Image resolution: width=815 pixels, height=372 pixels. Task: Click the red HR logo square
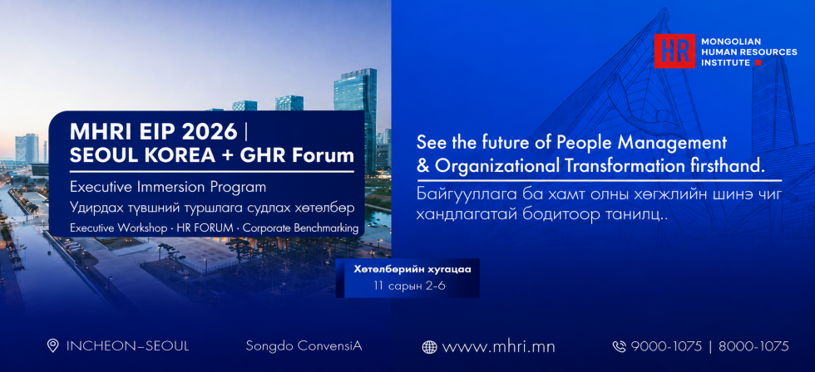pyautogui.click(x=674, y=51)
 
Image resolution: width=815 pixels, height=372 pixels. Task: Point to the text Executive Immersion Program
pyautogui.click(x=168, y=186)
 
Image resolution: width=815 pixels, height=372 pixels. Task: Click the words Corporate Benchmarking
pyautogui.click(x=301, y=228)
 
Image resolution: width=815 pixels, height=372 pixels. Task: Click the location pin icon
pyautogui.click(x=52, y=345)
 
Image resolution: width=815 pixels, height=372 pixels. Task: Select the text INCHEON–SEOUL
pyautogui.click(x=127, y=346)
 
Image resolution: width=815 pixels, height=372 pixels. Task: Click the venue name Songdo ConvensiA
pyautogui.click(x=304, y=346)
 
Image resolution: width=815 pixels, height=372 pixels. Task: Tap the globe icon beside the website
pyautogui.click(x=429, y=347)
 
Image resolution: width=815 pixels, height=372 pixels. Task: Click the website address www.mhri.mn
pyautogui.click(x=498, y=346)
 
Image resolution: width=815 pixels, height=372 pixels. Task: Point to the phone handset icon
pyautogui.click(x=619, y=346)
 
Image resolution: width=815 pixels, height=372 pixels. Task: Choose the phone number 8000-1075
pyautogui.click(x=753, y=346)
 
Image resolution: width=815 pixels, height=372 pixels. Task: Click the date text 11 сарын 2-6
pyautogui.click(x=409, y=286)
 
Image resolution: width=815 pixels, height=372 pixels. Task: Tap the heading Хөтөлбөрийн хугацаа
pyautogui.click(x=412, y=270)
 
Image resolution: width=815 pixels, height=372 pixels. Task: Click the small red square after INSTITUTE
pyautogui.click(x=758, y=63)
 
